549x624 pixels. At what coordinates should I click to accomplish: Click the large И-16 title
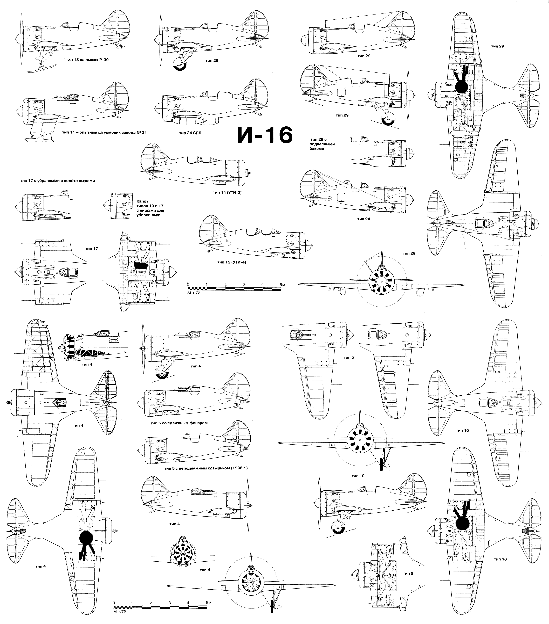click(x=265, y=135)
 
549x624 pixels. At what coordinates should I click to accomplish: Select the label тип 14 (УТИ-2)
click(x=227, y=193)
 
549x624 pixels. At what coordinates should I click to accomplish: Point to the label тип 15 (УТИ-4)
click(x=231, y=262)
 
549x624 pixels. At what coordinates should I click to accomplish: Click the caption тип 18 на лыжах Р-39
click(x=87, y=60)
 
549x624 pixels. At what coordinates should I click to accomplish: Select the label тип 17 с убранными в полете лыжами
click(x=57, y=181)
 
